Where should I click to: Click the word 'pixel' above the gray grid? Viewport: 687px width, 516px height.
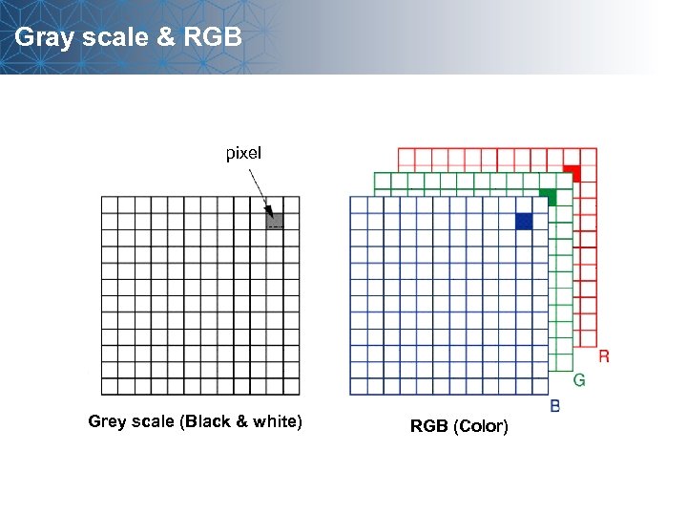pos(243,153)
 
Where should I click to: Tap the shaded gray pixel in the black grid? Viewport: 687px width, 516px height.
pos(275,221)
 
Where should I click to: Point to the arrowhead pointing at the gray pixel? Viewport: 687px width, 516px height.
pos(269,210)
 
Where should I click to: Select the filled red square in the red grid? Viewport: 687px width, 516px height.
pos(571,173)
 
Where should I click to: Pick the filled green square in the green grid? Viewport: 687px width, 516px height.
pos(547,197)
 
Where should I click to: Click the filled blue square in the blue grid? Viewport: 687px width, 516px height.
pos(524,221)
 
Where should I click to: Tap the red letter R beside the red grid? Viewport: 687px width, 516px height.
pos(603,356)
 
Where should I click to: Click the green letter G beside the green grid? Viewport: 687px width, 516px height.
pos(579,380)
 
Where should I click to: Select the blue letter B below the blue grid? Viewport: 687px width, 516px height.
pos(555,406)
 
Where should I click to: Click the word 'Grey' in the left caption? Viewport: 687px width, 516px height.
pos(106,421)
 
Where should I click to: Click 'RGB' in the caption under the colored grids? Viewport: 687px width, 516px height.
pos(428,426)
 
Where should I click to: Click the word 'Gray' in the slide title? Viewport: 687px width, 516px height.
pos(42,37)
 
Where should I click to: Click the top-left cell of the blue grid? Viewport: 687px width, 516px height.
pos(359,204)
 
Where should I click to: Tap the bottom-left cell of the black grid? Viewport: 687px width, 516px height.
pos(110,386)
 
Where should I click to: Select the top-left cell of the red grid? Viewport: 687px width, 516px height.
pos(406,157)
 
